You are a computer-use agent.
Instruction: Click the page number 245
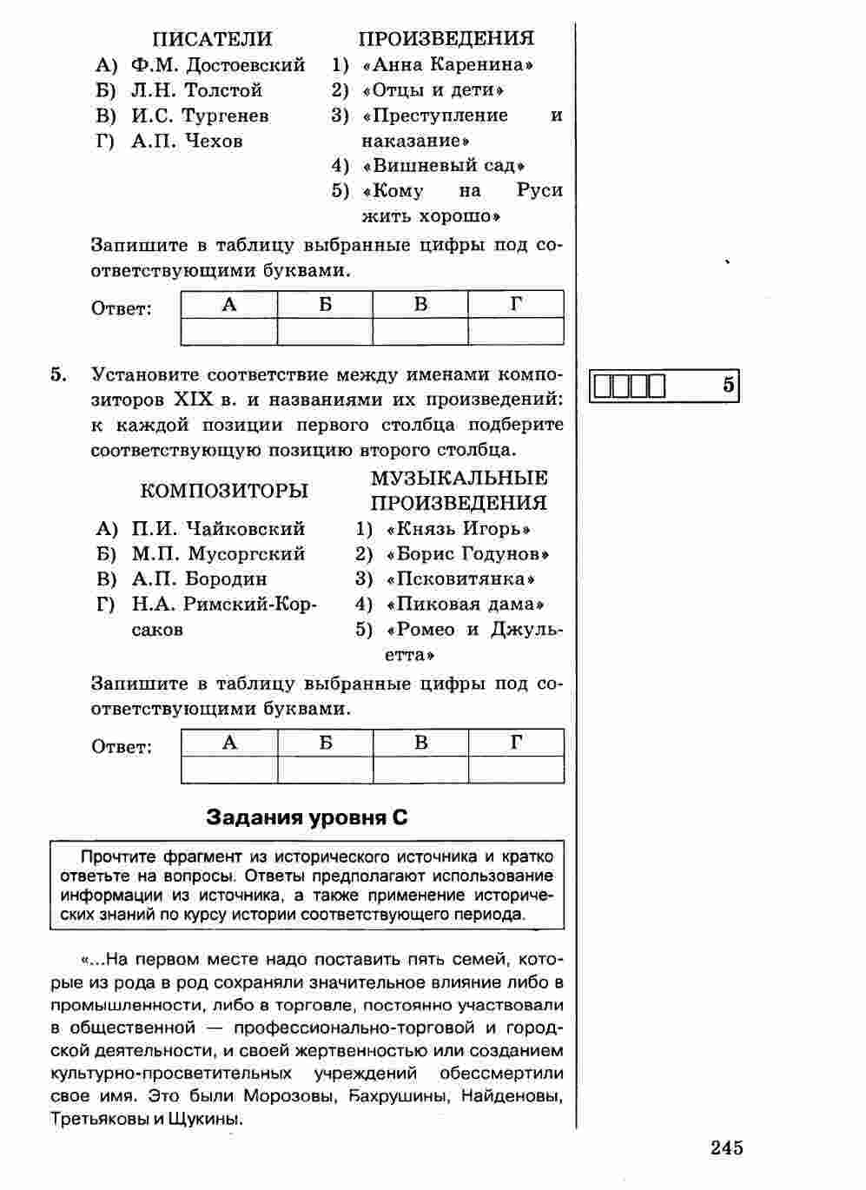point(726,1148)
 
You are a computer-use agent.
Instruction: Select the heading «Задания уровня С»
point(307,817)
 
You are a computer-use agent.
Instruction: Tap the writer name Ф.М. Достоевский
point(218,65)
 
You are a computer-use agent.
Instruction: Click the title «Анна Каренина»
point(447,65)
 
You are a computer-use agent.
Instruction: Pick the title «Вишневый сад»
point(445,166)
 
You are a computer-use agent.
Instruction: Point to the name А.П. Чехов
point(187,141)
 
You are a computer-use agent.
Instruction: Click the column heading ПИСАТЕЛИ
point(212,39)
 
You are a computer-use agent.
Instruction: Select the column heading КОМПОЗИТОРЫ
point(224,491)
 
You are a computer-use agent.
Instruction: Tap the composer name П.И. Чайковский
point(218,529)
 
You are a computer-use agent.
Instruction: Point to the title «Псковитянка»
point(460,579)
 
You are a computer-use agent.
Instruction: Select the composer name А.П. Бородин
point(199,579)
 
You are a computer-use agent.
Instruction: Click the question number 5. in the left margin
point(58,375)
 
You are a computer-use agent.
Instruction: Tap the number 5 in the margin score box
point(728,385)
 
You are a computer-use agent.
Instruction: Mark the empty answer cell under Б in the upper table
point(325,332)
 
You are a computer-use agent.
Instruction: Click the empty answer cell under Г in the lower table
point(516,770)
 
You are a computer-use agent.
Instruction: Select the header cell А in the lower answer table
point(229,743)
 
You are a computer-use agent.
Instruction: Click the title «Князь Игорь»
point(459,529)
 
